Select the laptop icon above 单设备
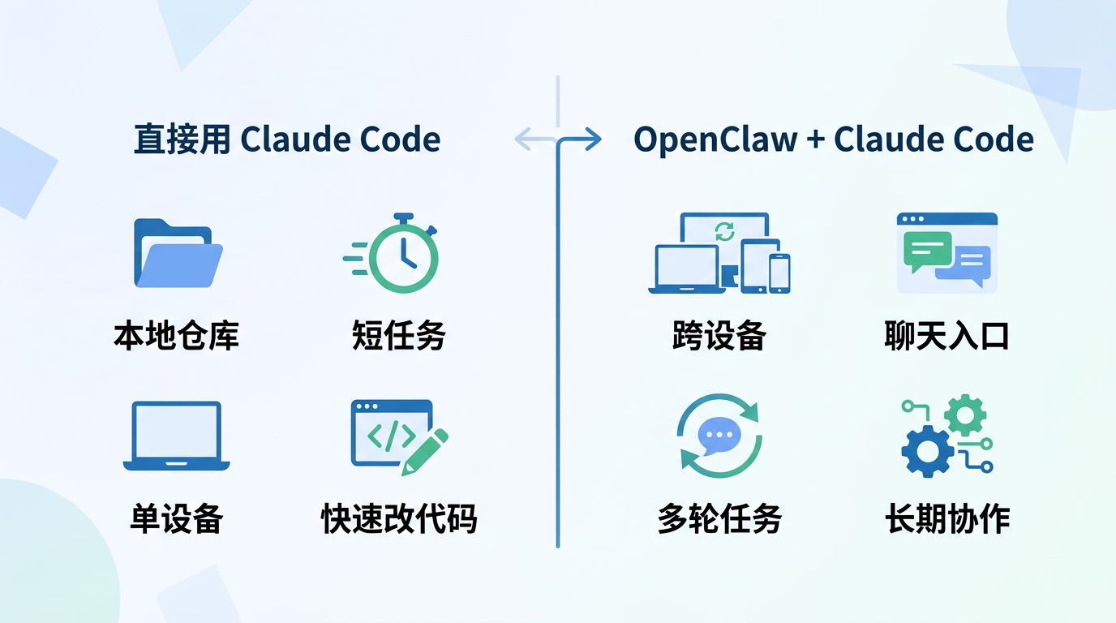click(x=177, y=436)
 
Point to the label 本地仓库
click(x=177, y=335)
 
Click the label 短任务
click(x=399, y=335)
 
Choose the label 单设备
click(x=177, y=518)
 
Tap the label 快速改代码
click(x=399, y=518)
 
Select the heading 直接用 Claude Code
click(x=287, y=140)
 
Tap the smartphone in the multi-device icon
click(x=779, y=273)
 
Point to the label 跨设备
click(x=719, y=335)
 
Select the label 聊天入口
click(x=946, y=335)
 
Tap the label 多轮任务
click(x=719, y=518)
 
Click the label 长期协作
click(x=947, y=518)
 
